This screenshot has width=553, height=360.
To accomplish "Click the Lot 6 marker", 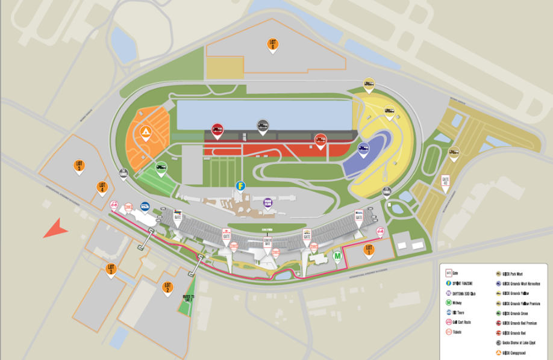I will pos(273,45).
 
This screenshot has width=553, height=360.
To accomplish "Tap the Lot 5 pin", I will pos(79,165).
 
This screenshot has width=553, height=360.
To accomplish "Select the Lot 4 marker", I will pos(102,188).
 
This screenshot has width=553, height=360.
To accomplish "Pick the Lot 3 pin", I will pos(111,269).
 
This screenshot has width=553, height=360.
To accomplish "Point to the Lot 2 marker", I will pos(167,288).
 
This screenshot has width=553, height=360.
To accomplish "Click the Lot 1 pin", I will pos(369,250).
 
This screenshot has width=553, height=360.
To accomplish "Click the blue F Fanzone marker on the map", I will pos(242,186).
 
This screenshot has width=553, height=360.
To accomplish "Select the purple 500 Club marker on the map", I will pos(268,202).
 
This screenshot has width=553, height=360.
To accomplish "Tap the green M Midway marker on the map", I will pos(338,257).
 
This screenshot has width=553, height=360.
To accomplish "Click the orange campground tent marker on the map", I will pos(145,132).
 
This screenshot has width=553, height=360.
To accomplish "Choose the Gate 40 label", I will pos(446,181).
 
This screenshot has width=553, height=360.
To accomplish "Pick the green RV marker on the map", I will pos(161,169).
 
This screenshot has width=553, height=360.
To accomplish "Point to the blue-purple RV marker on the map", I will pos(363,149).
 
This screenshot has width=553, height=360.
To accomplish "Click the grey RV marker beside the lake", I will pos(263,125).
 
